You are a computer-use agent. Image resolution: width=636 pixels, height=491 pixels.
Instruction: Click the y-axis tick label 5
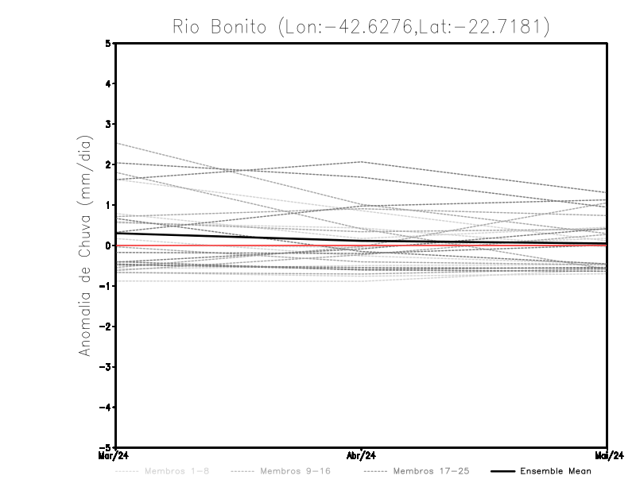point(109,44)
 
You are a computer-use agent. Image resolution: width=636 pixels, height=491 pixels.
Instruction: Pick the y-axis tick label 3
point(109,124)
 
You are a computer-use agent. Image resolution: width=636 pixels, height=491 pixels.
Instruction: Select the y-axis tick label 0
point(109,245)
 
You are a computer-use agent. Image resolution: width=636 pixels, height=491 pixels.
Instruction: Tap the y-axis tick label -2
point(107,326)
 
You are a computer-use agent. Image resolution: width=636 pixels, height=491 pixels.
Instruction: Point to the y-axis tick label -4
point(107,407)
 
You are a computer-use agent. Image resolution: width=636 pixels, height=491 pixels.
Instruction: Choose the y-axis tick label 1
point(109,205)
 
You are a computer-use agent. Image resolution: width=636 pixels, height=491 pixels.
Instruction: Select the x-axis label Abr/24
point(363,456)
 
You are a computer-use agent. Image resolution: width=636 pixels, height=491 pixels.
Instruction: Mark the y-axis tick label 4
point(109,84)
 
